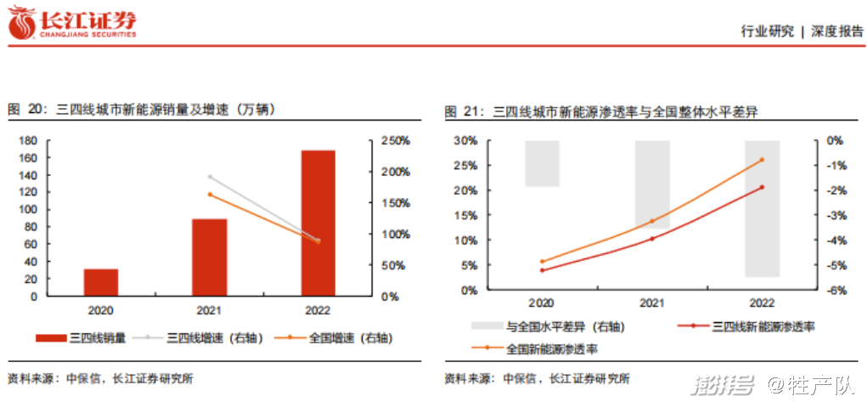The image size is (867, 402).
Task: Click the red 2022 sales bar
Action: (318, 224)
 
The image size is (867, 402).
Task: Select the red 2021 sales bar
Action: (209, 258)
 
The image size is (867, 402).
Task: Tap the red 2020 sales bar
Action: (100, 282)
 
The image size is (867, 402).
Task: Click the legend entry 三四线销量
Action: (81, 337)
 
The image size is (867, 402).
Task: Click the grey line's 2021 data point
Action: (209, 177)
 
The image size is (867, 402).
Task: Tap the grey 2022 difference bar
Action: (762, 208)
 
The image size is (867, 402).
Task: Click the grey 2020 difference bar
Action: (542, 163)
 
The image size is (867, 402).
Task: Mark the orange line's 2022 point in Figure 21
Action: (762, 160)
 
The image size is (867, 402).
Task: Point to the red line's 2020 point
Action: (542, 270)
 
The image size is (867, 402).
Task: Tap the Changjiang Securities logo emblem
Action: (22, 23)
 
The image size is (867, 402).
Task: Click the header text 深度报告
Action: (836, 31)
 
